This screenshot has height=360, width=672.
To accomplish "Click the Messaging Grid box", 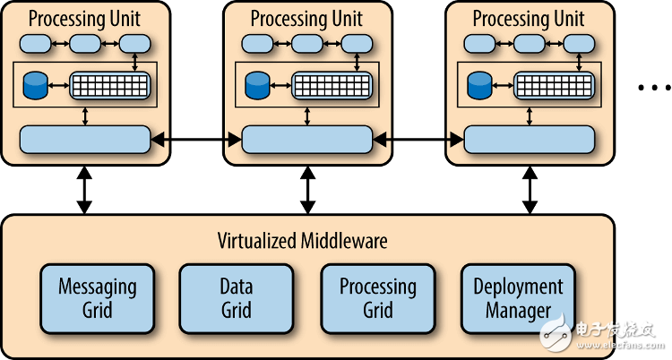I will (x=97, y=298).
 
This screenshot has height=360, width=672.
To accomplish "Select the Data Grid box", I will (x=236, y=298).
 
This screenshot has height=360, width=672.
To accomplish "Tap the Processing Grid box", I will (x=377, y=298).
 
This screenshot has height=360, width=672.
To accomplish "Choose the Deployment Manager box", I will (x=518, y=298).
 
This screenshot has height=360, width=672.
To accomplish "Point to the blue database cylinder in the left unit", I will (x=36, y=85).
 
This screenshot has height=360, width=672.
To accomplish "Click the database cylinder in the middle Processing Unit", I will (x=258, y=85).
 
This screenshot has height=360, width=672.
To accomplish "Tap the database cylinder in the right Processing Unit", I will (x=480, y=85).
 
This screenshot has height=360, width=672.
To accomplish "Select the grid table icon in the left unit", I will (x=109, y=84).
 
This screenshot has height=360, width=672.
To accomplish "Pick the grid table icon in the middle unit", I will (x=332, y=84).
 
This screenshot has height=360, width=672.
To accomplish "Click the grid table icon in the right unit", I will (x=554, y=84).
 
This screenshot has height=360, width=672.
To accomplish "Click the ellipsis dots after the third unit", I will (x=652, y=88).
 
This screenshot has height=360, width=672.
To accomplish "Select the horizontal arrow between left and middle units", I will (x=196, y=139).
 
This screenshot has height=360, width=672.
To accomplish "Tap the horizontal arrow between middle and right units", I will (x=418, y=139).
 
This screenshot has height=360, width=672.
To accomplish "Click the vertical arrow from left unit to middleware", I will (x=84, y=189).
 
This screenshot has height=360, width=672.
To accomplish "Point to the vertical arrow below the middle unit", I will (x=307, y=189).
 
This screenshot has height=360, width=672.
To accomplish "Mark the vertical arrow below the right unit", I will (x=530, y=189).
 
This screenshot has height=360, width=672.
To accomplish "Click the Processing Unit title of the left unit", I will (x=84, y=18).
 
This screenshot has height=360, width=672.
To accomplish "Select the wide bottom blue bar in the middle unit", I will (x=306, y=139).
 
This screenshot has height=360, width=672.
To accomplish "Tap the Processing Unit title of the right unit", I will (x=529, y=18).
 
